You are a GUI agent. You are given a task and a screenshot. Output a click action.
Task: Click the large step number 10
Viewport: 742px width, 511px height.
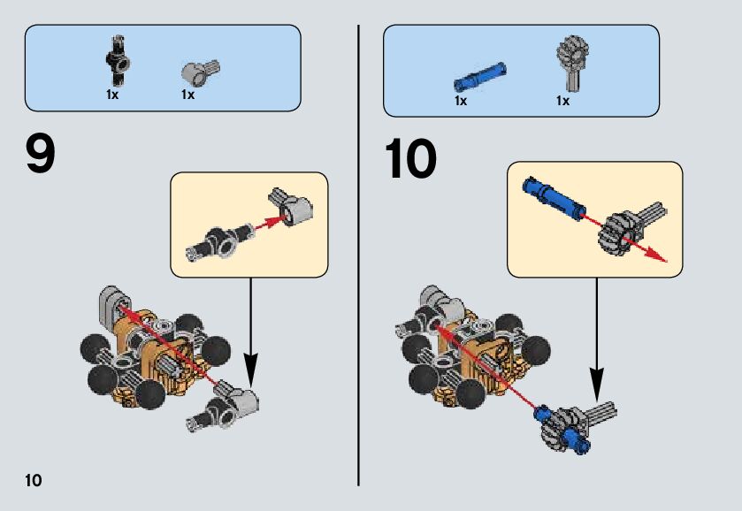410,159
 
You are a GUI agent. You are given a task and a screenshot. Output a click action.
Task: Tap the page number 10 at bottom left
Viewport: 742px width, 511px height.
33,481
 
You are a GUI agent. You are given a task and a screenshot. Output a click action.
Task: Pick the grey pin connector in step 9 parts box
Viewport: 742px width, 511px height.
199,71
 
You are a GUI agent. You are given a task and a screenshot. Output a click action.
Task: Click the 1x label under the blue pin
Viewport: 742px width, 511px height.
460,101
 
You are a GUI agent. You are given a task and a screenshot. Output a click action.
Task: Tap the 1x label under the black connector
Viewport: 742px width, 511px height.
111,95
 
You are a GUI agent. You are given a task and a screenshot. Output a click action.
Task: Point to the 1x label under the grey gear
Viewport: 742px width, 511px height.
562,101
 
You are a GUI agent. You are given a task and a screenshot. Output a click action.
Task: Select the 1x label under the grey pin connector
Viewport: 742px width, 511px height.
187,95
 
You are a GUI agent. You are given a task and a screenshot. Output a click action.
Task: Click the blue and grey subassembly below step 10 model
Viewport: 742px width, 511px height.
570,423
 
